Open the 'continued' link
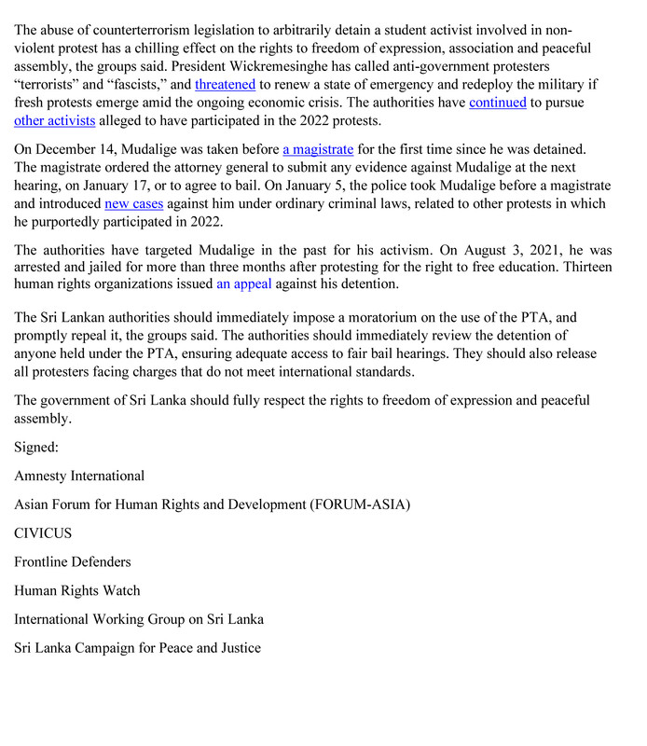(x=497, y=103)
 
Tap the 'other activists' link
(x=55, y=120)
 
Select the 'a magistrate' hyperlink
(x=318, y=149)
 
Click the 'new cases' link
(x=133, y=203)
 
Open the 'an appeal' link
(x=243, y=284)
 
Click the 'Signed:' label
(x=36, y=448)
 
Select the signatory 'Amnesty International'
(x=79, y=476)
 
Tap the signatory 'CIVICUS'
(x=43, y=533)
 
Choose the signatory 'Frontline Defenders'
(x=73, y=561)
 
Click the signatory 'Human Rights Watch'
(x=76, y=590)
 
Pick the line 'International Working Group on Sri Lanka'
(x=139, y=619)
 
